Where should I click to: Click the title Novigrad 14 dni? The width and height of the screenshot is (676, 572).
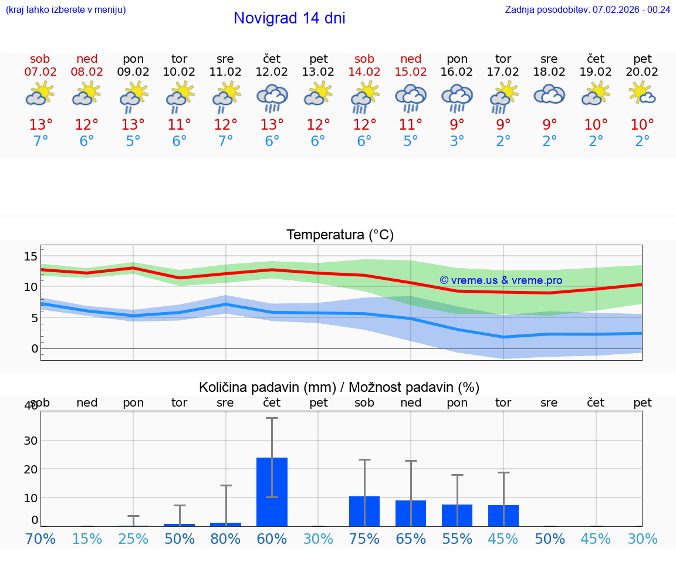coord(289,18)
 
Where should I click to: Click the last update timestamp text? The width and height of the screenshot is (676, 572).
coord(587,9)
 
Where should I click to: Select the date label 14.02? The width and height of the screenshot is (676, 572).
coord(364,72)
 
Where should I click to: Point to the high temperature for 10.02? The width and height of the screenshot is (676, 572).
coord(179,124)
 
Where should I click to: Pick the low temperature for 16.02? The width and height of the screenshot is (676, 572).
coord(457,141)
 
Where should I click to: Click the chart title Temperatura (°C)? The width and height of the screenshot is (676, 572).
coord(340,235)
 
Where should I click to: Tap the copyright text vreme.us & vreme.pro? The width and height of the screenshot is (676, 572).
coord(501,280)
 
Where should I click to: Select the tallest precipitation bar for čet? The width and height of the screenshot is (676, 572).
coord(272,492)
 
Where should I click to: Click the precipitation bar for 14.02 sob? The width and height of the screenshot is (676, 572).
coord(364,511)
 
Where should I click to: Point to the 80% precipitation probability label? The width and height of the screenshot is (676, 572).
coord(225,539)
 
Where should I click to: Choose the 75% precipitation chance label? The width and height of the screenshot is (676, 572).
coord(364,539)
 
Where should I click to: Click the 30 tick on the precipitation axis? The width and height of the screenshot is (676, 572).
coord(31,440)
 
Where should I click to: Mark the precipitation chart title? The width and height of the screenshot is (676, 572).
coord(339,387)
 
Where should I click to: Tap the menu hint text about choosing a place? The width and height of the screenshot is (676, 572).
coord(66,9)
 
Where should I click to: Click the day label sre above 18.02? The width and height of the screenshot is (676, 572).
coord(549,59)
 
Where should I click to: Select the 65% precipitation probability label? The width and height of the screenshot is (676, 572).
coord(411,539)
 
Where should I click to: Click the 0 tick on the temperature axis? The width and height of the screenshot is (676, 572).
coord(35,348)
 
